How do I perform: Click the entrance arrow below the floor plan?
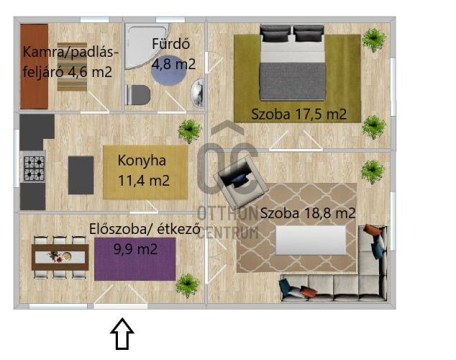122,336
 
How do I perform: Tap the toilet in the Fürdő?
137,94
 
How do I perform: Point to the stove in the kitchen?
34,168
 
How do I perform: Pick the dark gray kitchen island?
81,174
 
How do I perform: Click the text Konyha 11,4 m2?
144,171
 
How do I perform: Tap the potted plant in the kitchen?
189,130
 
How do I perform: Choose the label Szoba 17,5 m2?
298,114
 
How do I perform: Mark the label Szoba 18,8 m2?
308,213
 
